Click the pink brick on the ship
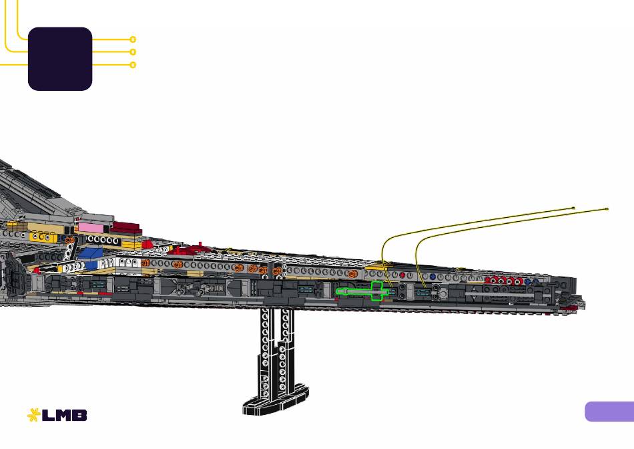[91, 228]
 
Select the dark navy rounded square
[60, 59]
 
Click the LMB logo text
[64, 415]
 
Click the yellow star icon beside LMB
[33, 415]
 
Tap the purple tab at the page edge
[609, 412]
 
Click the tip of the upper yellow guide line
[573, 208]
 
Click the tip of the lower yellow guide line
[607, 209]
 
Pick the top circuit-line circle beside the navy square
[133, 39]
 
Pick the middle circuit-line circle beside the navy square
[133, 52]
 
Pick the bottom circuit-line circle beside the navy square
[133, 65]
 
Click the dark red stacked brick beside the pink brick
[127, 228]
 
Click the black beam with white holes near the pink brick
[103, 240]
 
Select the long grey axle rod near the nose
[499, 294]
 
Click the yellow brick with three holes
[41, 237]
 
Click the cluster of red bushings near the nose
[505, 280]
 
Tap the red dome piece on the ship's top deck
[147, 244]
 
